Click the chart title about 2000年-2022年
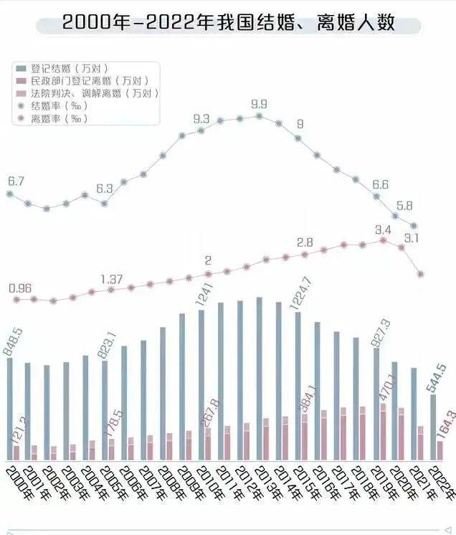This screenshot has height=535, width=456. pos(228,22)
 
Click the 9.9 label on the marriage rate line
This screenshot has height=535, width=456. pos(259,105)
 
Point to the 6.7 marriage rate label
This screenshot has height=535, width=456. pos(16,181)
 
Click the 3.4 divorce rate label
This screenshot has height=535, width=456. pos(383,229)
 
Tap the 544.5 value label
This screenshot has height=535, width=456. pos(437,376)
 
